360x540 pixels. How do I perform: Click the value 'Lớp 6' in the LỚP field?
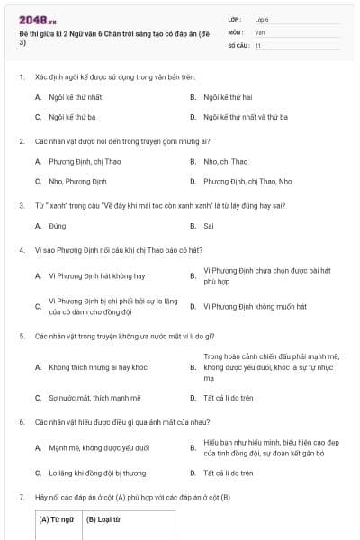tap(262, 19)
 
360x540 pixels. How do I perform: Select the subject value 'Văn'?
tap(259, 31)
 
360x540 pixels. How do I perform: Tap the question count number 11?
tap(257, 44)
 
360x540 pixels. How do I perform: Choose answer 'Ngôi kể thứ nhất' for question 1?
tap(76, 96)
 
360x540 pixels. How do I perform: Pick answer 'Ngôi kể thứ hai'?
tap(228, 96)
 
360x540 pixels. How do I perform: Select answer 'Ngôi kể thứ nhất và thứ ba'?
tap(246, 117)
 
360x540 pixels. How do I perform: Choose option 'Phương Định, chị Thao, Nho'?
tap(247, 181)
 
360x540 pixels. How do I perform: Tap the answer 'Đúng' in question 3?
tap(58, 225)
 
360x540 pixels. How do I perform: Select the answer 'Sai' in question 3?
tap(209, 225)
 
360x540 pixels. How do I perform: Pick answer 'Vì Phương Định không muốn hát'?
tap(255, 306)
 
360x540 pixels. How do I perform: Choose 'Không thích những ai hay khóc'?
tap(97, 366)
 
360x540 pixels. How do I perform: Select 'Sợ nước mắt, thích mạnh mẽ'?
tap(94, 397)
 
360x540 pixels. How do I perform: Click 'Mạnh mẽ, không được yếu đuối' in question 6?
tap(99, 447)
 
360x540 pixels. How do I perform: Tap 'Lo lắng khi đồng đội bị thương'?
tap(97, 472)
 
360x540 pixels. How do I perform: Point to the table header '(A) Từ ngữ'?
tap(57, 519)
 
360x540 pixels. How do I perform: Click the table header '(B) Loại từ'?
tap(103, 519)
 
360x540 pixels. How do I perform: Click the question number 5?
tap(21, 336)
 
